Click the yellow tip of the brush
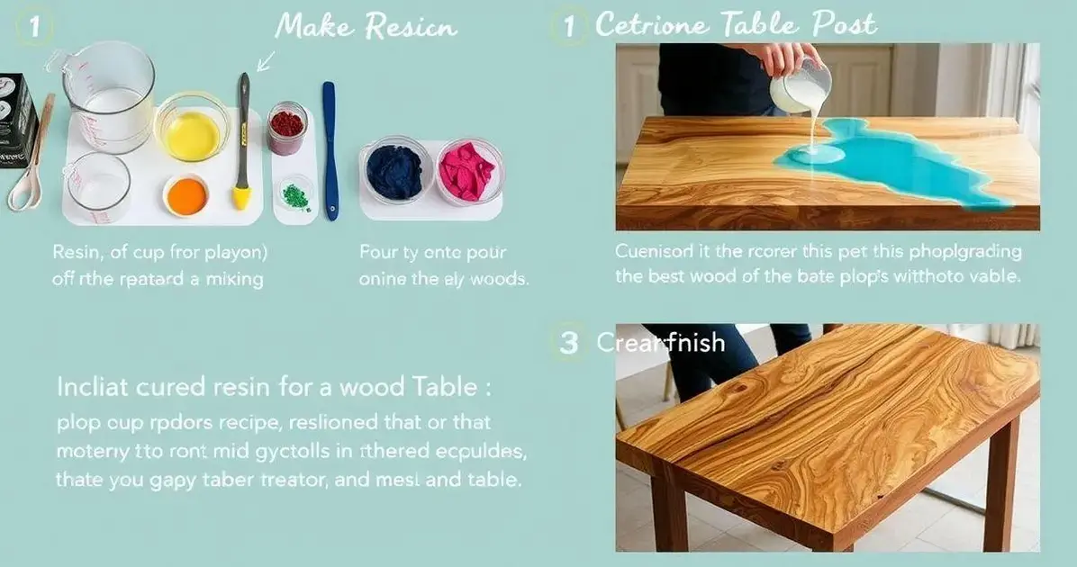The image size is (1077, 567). pos(241,196)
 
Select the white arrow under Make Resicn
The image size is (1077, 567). pos(265,61)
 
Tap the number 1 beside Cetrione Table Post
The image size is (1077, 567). pos(568,26)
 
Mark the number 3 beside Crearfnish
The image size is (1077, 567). pos(568,343)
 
